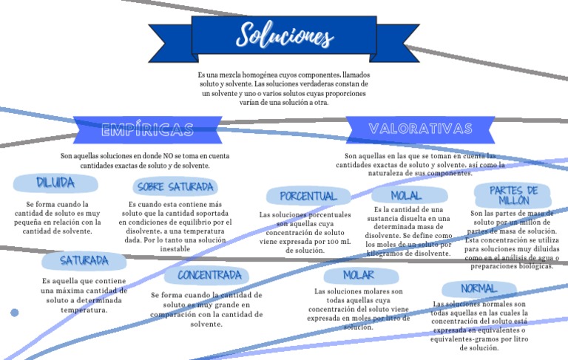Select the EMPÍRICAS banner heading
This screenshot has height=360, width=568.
[x=147, y=131]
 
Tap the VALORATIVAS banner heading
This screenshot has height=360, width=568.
[x=421, y=129]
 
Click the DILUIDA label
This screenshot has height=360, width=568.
[x=55, y=183]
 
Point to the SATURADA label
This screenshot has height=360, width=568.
[x=84, y=260]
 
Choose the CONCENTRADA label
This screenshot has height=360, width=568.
[x=209, y=275]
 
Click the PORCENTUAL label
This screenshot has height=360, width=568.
[x=308, y=197]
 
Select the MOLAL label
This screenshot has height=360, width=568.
[x=407, y=196]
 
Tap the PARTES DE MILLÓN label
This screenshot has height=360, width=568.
[x=513, y=195]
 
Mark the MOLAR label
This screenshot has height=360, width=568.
[x=358, y=275]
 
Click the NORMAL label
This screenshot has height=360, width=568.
[x=479, y=288]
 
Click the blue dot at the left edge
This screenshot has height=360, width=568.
[x=14, y=313]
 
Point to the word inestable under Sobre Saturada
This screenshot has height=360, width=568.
[x=175, y=249]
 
